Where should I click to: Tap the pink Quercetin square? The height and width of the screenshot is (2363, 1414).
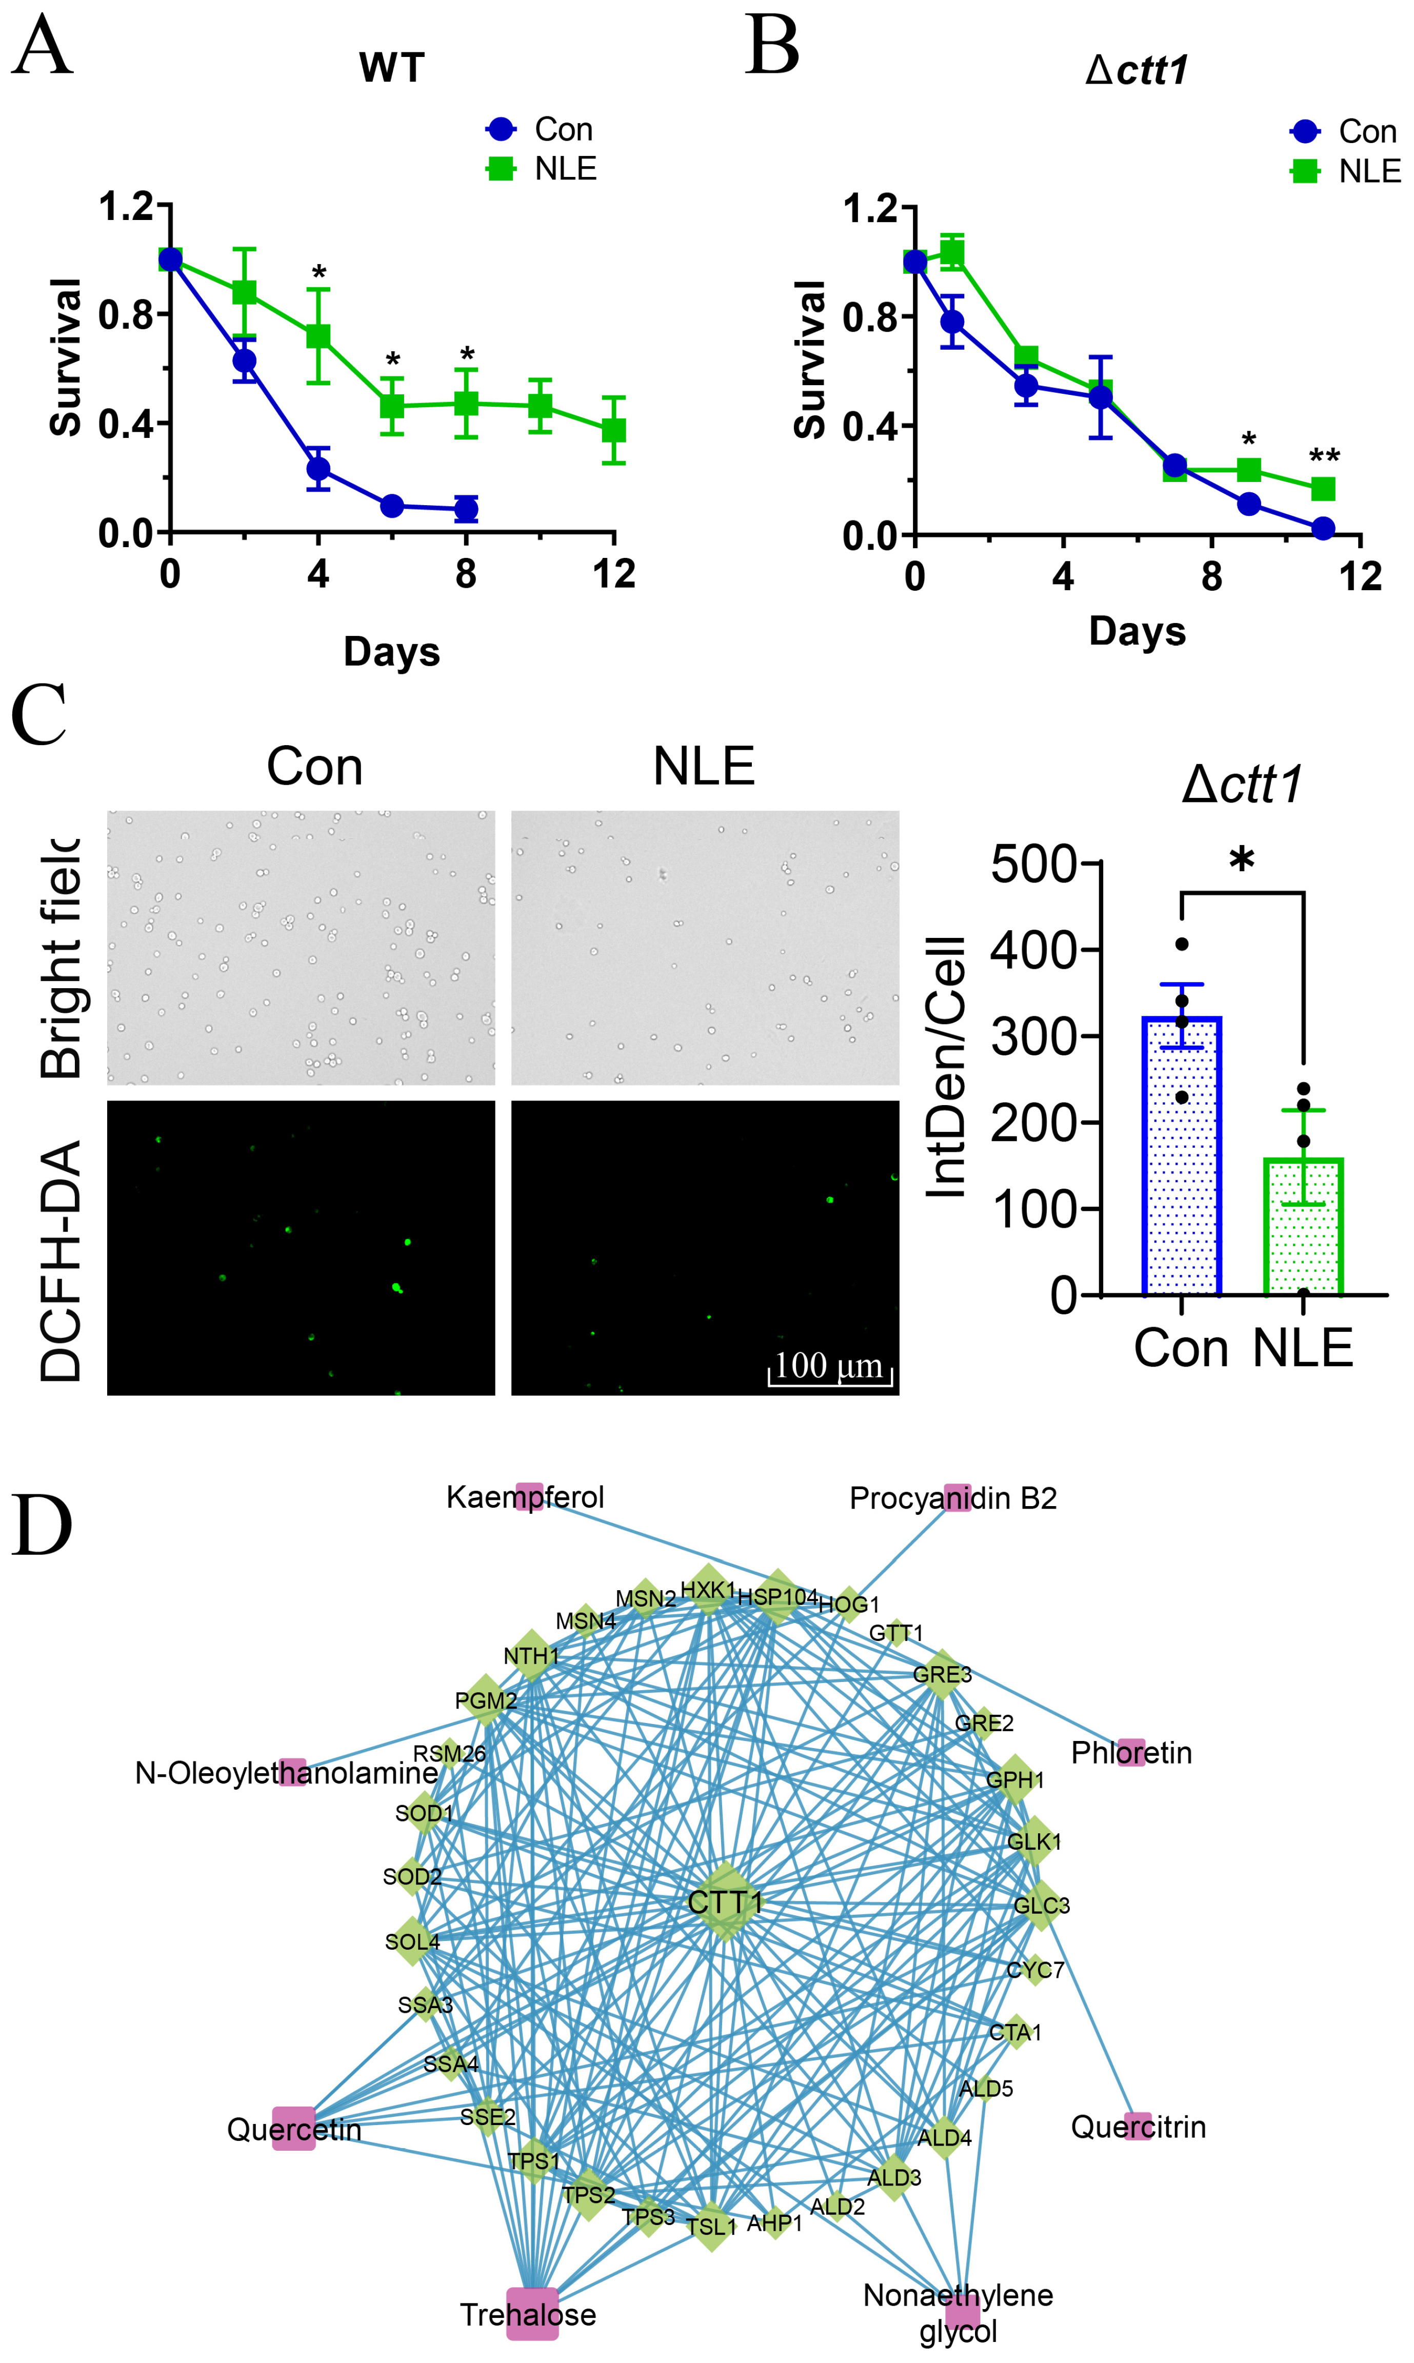(x=293, y=2129)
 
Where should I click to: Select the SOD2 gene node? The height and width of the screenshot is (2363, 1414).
(x=412, y=1876)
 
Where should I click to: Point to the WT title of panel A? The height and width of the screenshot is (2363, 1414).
(x=392, y=69)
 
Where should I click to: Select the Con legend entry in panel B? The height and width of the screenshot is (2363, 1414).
(x=1344, y=131)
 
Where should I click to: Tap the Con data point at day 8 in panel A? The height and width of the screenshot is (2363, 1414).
(x=466, y=509)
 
